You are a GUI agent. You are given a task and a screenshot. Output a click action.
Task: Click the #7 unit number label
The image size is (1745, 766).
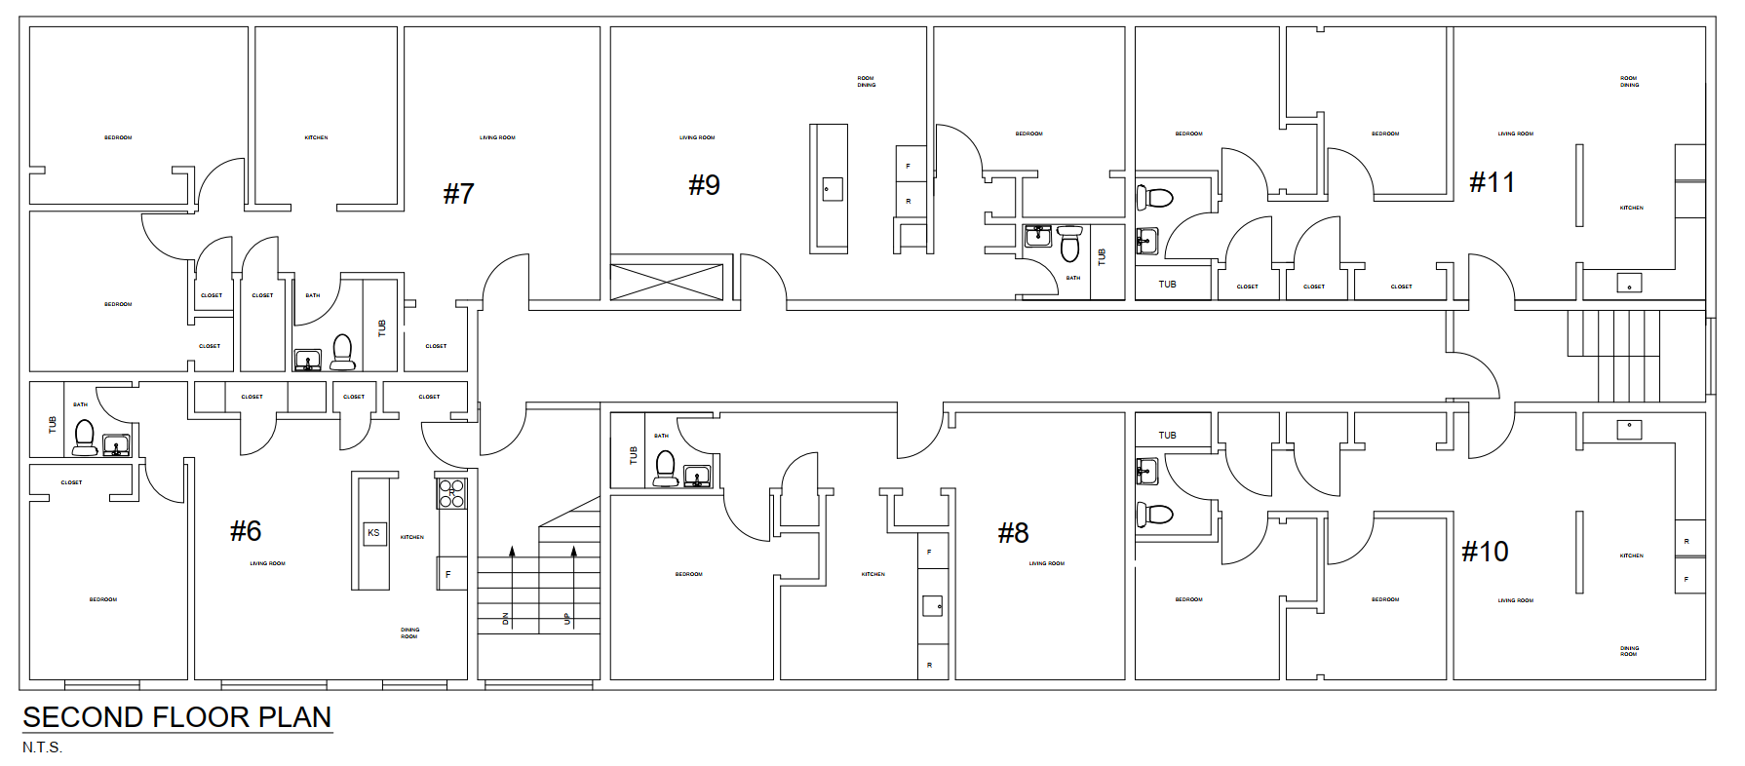tap(458, 194)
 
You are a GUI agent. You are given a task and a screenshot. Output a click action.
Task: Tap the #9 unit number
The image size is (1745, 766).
tap(704, 185)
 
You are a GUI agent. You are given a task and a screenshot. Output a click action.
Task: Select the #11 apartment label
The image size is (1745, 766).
tap(1492, 182)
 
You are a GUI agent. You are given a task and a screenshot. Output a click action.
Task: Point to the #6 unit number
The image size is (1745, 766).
tap(246, 531)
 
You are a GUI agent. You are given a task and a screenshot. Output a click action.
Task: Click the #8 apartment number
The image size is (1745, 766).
tap(1013, 533)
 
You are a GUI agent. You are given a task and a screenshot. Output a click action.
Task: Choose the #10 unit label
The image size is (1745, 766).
tap(1485, 552)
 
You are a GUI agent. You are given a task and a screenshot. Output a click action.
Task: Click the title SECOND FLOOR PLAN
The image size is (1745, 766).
tap(176, 717)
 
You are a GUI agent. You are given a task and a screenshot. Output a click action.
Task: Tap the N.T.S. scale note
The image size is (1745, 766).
tap(42, 747)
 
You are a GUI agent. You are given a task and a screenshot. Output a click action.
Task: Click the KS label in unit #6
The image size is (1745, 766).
tap(373, 533)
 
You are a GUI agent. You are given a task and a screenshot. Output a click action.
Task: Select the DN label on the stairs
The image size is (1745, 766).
tap(505, 618)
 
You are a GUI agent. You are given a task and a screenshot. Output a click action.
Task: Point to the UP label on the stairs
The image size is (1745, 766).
tap(566, 618)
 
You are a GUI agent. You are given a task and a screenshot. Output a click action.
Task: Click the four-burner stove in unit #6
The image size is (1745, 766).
tap(451, 493)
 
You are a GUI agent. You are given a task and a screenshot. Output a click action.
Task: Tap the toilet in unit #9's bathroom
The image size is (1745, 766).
tap(1069, 245)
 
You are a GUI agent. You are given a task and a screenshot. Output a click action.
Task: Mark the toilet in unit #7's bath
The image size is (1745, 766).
tap(342, 353)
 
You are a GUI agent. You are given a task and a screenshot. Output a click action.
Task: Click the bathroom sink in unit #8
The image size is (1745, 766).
tap(696, 477)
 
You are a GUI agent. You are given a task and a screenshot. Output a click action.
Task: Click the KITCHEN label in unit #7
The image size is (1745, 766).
tap(316, 137)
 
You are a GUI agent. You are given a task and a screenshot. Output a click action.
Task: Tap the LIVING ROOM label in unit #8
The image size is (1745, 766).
tap(1046, 563)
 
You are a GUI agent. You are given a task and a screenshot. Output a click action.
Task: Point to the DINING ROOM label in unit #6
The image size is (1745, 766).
tap(409, 633)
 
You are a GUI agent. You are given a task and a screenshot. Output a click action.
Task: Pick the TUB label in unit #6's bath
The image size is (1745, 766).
tap(53, 425)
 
